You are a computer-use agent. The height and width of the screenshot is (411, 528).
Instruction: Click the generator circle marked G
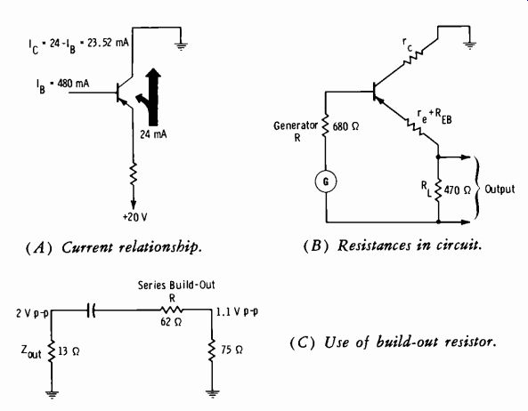326,181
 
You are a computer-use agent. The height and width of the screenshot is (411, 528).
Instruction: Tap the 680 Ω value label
345,127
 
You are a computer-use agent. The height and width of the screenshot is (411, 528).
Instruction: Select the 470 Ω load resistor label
457,190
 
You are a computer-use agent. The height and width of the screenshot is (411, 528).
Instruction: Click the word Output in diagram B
500,189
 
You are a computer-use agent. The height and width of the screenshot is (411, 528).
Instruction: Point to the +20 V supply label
134,217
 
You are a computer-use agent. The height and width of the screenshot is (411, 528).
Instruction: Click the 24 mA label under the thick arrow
153,134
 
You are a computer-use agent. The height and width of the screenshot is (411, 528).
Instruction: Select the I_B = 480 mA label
63,85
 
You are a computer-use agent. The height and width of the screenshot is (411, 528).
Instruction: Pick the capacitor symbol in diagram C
91,310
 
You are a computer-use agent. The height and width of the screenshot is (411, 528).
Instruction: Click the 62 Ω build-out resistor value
171,322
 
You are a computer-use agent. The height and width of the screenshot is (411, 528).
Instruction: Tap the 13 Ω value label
69,351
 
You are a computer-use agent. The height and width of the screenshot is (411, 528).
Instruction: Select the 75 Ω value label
232,351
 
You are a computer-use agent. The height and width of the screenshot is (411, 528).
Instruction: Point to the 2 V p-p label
32,314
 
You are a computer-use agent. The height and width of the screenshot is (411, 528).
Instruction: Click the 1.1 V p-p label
237,312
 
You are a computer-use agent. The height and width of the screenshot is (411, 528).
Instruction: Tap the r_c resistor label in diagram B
408,44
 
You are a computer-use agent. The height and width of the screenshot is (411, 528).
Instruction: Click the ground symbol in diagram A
181,45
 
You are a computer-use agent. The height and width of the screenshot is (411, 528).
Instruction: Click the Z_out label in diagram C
31,351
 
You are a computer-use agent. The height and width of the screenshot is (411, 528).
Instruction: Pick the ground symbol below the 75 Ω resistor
212,393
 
